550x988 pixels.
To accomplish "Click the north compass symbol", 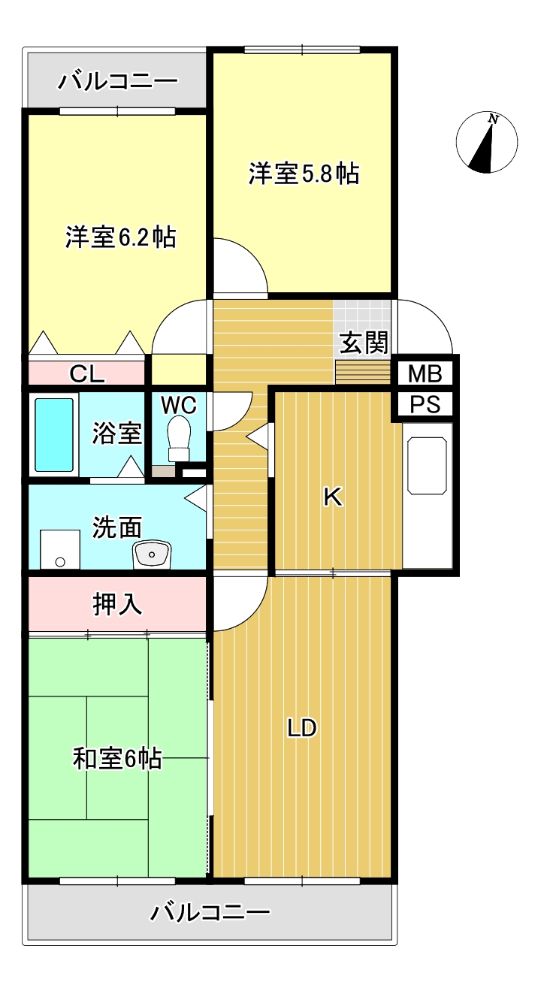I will tap(487, 143).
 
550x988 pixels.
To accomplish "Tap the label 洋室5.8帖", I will tap(304, 174).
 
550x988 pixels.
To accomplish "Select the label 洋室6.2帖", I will tap(120, 237).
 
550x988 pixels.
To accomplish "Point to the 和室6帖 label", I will tap(117, 759).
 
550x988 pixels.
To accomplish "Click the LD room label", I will tap(303, 727).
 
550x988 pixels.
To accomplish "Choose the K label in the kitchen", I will tap(333, 497).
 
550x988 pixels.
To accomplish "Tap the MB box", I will tap(425, 373).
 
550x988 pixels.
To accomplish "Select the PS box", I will tap(425, 404).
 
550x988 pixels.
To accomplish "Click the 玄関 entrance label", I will tap(364, 343).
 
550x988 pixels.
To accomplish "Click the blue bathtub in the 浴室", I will tap(54, 435).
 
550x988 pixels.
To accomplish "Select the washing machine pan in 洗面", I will tap(59, 549).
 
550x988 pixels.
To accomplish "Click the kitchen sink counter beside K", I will tap(428, 496).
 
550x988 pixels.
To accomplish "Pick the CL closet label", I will tap(87, 373).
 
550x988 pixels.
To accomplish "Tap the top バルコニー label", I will tap(118, 80).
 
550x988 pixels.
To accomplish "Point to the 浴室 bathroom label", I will tap(117, 433).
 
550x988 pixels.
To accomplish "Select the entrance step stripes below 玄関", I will tap(363, 372).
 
